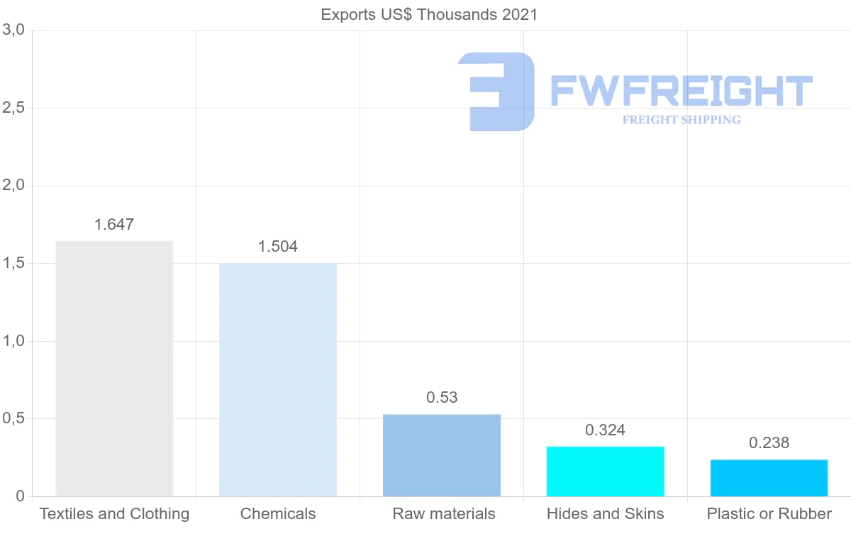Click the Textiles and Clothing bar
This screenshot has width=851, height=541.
point(114,369)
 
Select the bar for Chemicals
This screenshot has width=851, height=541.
point(278,379)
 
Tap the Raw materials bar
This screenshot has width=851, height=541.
point(442,455)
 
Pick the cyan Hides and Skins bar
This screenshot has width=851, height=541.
point(606,472)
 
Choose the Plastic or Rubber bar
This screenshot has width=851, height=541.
point(769,478)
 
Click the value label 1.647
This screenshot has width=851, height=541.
point(114,225)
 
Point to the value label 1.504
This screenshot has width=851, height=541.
point(278,247)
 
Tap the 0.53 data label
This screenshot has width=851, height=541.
point(442,398)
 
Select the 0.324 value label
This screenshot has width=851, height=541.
point(606,430)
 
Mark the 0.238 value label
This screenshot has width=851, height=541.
point(769,443)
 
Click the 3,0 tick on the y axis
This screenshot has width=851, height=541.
point(14,30)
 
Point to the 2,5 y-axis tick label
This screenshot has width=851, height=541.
point(14,108)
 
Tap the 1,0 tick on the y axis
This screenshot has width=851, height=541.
point(14,341)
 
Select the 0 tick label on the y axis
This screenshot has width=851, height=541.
point(21,496)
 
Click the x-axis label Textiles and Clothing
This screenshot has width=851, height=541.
point(114,514)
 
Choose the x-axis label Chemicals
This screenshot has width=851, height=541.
point(278,514)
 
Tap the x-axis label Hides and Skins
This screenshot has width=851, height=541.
point(606,514)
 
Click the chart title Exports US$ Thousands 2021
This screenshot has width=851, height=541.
point(429,15)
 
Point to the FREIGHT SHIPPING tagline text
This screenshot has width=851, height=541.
point(682,120)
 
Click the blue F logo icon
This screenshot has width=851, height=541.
point(496,91)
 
